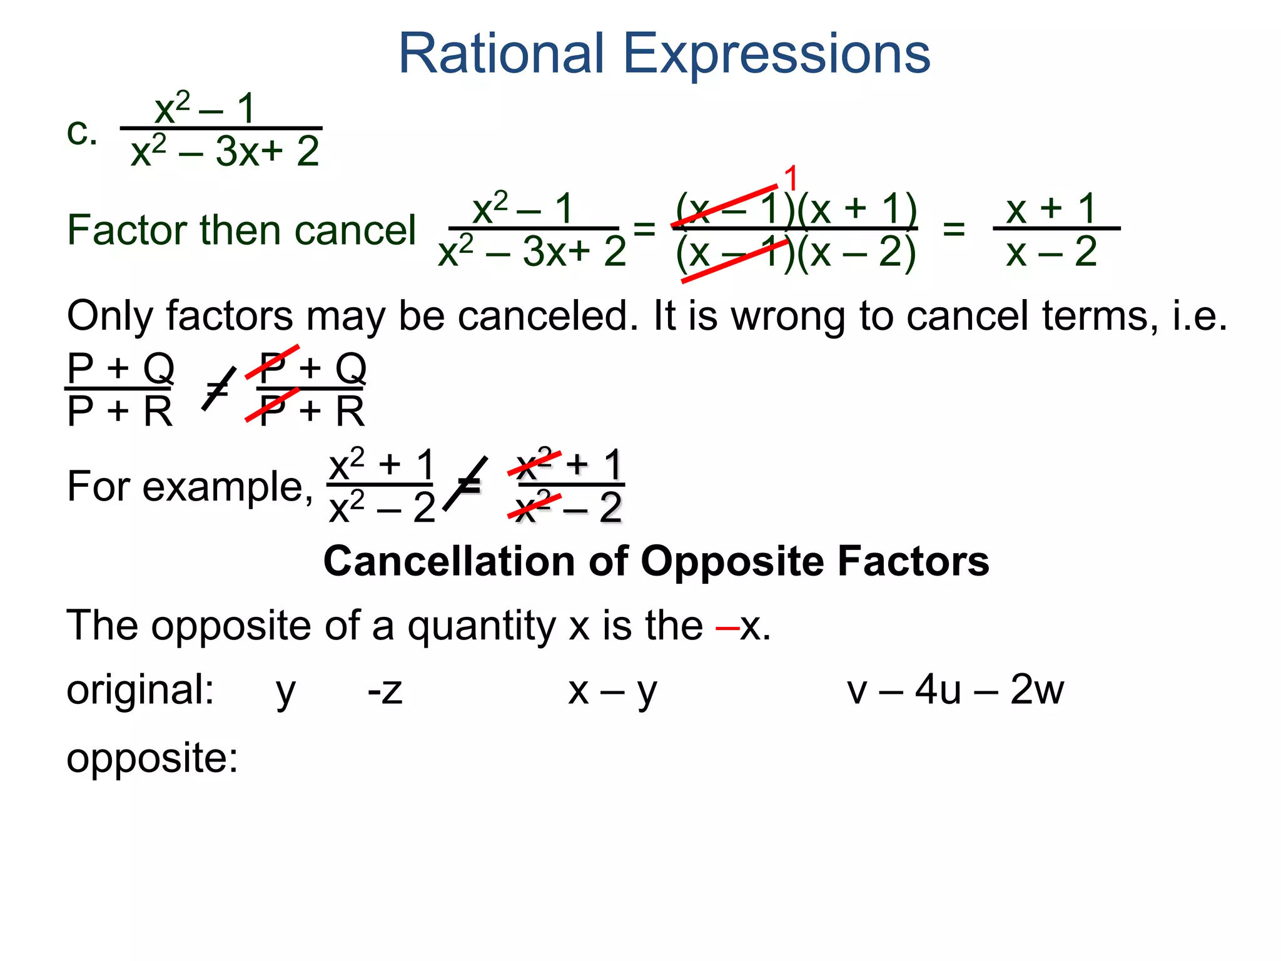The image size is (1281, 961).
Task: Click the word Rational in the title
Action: point(501,54)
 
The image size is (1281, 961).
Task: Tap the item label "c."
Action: point(82,133)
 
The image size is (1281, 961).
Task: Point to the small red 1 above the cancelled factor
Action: point(791,178)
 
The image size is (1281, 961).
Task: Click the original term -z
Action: point(385,691)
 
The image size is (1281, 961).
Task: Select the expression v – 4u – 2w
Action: point(955,690)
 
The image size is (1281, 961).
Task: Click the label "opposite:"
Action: point(153,758)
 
